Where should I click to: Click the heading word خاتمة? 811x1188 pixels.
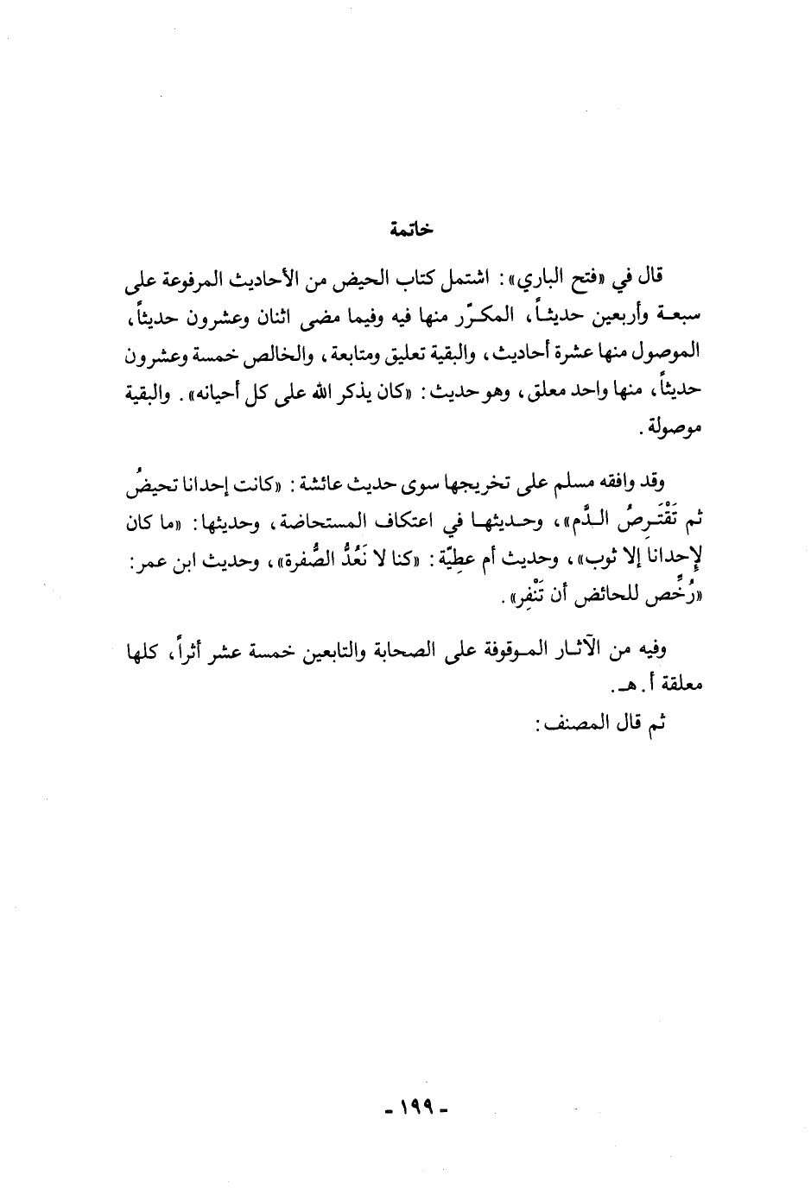(x=411, y=231)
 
